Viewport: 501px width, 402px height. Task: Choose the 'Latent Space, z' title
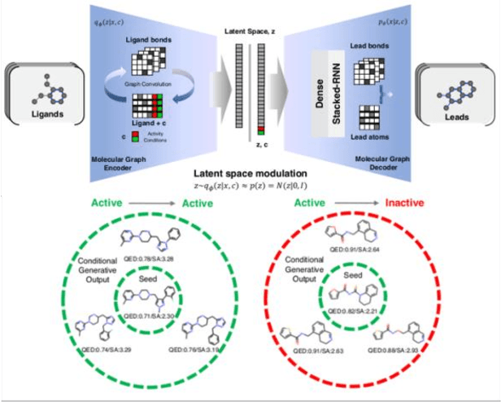click(250, 30)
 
